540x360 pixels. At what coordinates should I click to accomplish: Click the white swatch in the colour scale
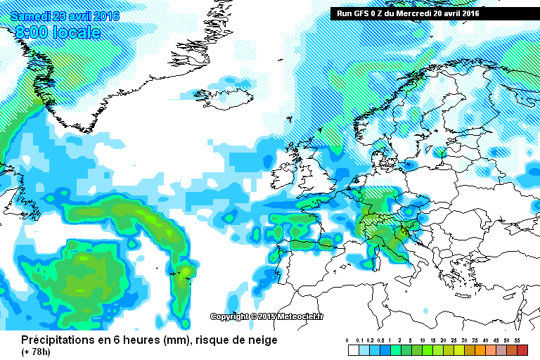(354, 349)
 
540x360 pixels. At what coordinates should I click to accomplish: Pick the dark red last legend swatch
(521, 349)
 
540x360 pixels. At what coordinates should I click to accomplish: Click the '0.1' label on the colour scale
(360, 340)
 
